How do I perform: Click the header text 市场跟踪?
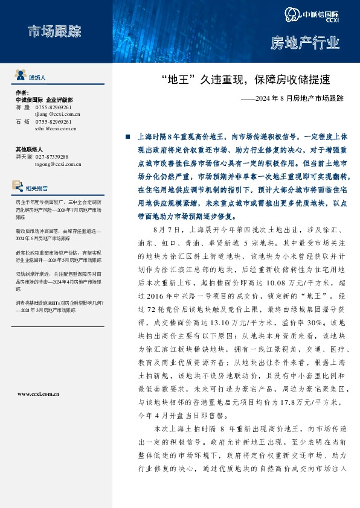click(x=54, y=31)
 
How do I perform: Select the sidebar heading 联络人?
click(x=37, y=78)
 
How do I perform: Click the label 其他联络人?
click(x=30, y=149)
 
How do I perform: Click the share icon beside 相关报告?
click(x=21, y=187)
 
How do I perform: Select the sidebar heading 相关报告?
click(x=37, y=188)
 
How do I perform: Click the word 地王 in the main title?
click(x=179, y=78)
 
